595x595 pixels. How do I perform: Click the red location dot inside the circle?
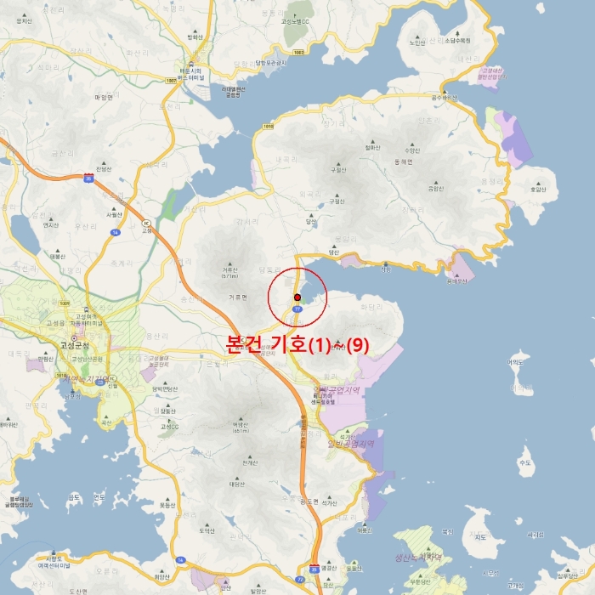coord(297,297)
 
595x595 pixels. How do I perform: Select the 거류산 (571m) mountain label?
coord(229,272)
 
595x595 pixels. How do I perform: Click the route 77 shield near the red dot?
coord(297,310)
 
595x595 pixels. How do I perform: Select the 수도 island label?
coord(524,463)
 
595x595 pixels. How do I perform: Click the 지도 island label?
coord(481,537)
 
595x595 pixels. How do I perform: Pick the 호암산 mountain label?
coord(537,190)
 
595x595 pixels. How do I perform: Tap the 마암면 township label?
coord(104,98)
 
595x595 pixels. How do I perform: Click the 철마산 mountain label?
coord(371,147)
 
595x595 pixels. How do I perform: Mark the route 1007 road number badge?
coord(172,80)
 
